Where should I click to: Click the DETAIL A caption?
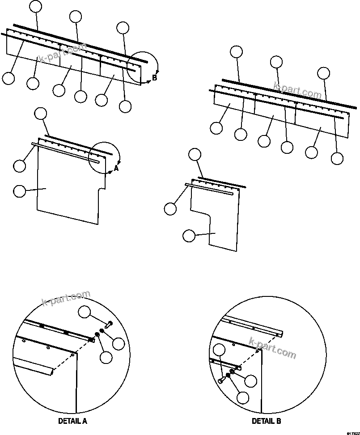pos(72,421)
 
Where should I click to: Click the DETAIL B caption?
pos(266,421)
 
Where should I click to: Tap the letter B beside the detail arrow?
pos(154,78)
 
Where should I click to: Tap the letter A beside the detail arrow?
pos(116,168)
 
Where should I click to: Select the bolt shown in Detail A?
pos(109,324)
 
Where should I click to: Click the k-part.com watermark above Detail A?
pos(66,298)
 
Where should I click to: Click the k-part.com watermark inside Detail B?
pos(274,349)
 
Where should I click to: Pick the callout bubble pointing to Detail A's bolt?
pos(85,312)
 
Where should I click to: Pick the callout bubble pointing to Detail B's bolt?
pos(220,351)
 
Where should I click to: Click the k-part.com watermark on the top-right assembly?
pos(297,90)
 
